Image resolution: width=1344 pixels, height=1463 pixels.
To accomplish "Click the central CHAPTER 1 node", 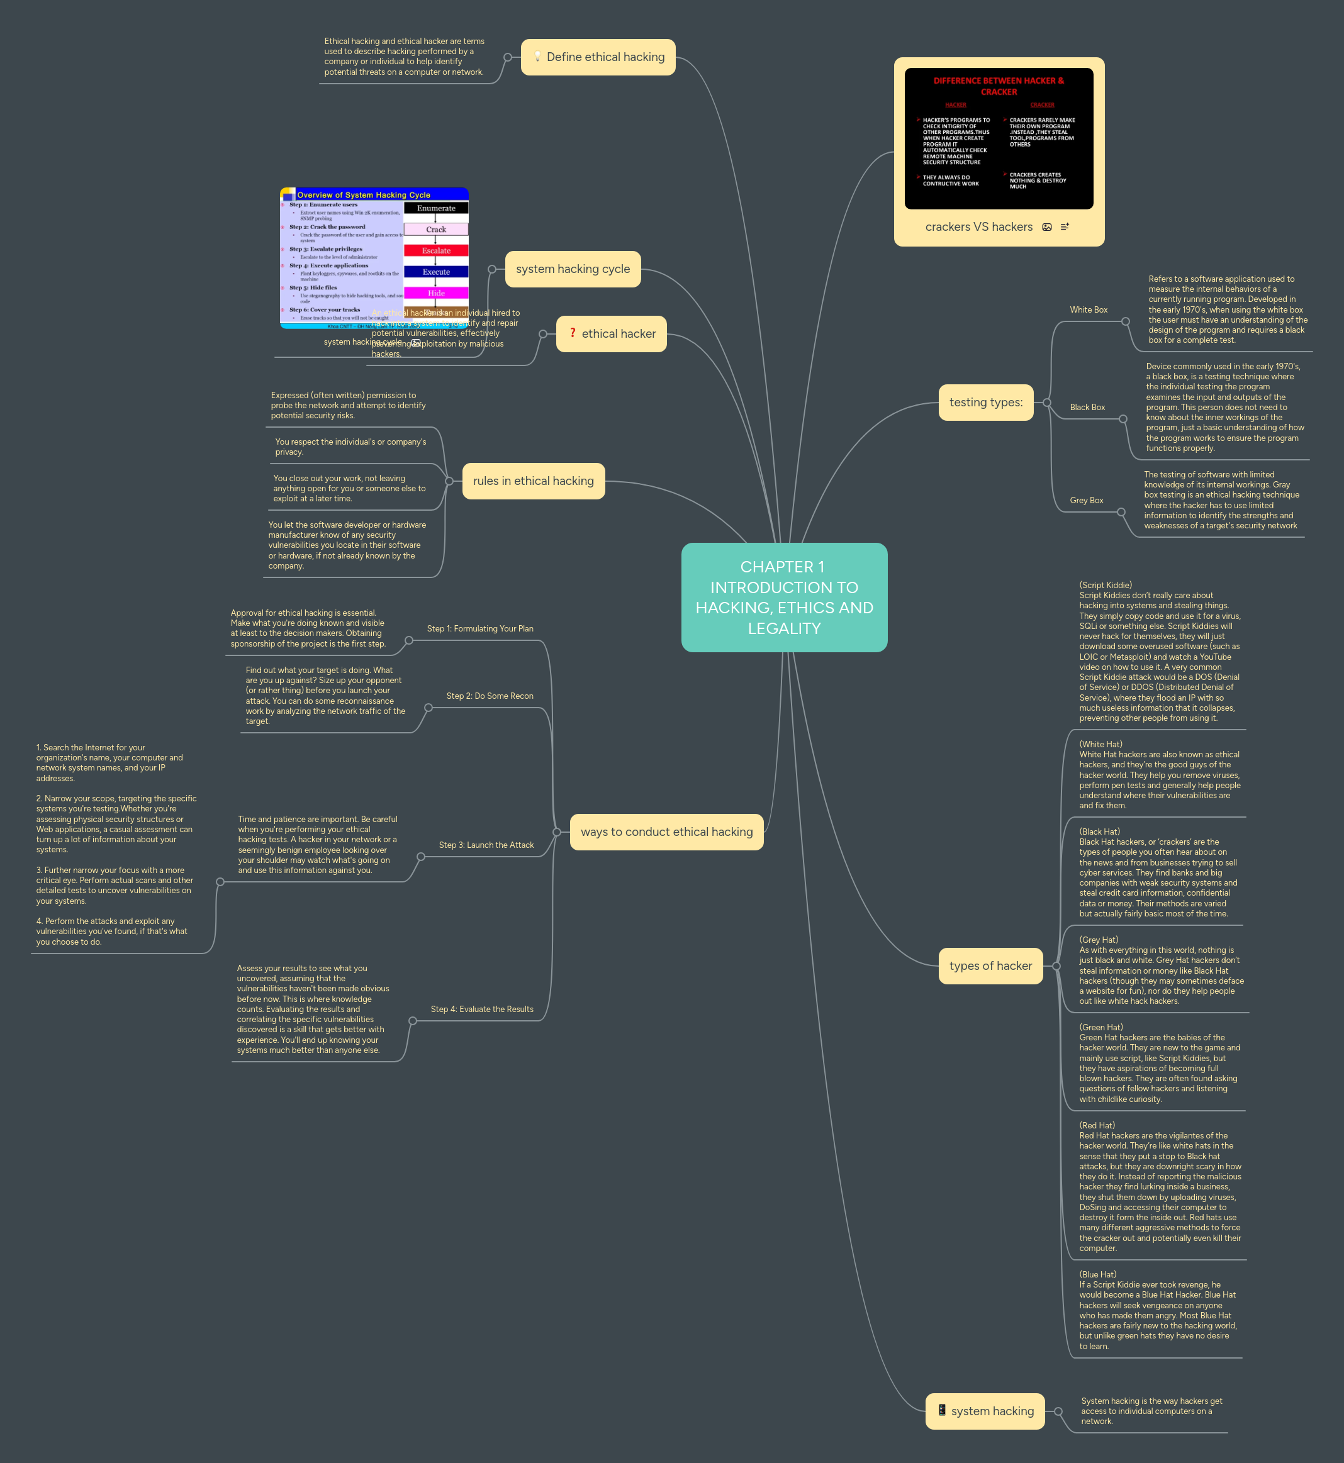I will click(784, 597).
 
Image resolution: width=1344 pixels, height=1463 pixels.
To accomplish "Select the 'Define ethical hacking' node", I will click(598, 57).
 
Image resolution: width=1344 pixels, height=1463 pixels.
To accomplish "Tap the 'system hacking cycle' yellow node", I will click(573, 269).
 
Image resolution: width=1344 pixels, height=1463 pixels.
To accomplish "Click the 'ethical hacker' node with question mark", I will click(611, 334).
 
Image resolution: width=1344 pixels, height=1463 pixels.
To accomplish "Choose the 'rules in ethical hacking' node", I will click(533, 481).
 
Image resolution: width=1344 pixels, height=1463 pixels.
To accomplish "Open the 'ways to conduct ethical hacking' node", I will click(666, 832).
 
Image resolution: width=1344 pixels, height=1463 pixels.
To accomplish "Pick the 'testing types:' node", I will click(985, 402).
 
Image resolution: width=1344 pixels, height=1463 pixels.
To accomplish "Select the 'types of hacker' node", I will click(990, 965).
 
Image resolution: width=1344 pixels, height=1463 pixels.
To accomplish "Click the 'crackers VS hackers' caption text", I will click(978, 227).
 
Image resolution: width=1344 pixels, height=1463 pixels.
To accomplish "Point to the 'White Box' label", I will click(1088, 309).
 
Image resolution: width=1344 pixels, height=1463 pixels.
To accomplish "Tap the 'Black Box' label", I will click(1087, 407).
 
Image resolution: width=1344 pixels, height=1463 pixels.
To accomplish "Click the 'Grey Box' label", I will click(1086, 500).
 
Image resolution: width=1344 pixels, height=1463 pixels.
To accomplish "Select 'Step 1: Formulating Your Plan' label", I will click(480, 628).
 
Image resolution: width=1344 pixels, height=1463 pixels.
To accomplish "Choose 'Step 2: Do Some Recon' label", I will click(490, 696).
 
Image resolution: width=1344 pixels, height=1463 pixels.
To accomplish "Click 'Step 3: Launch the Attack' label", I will click(486, 845).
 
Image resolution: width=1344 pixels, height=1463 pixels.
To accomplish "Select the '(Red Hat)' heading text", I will click(1097, 1125).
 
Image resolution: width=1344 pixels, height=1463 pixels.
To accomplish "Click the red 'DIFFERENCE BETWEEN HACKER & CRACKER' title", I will click(999, 86).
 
